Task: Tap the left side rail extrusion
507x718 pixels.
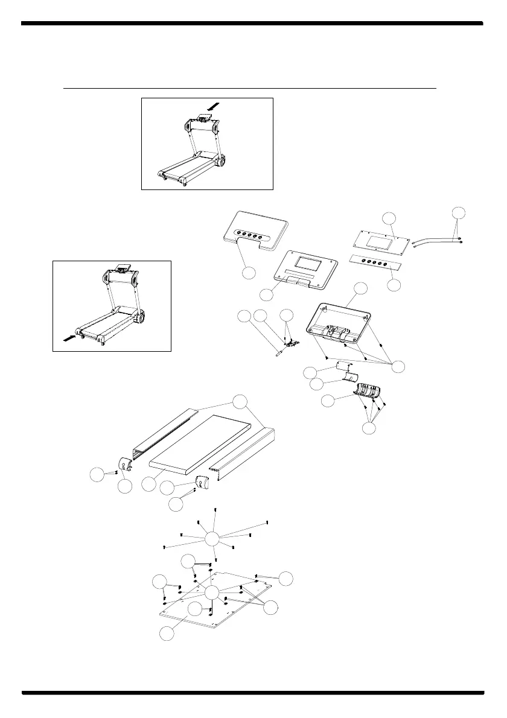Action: [x=163, y=437]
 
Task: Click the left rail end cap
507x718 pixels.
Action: [x=126, y=465]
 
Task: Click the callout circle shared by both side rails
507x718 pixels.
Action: [x=240, y=402]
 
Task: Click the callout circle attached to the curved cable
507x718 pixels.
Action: [x=459, y=213]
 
